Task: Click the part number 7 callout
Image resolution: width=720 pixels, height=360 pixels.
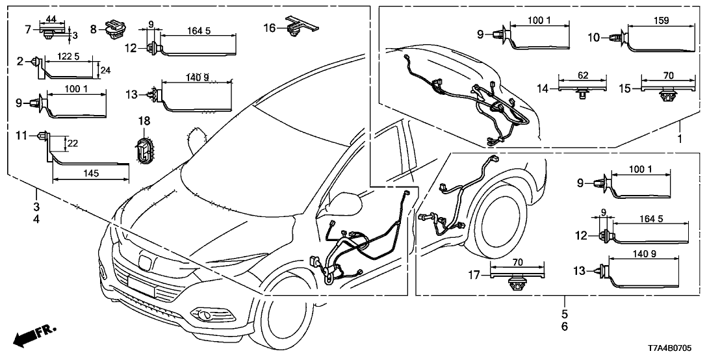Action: point(27,29)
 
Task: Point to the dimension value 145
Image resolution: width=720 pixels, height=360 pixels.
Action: point(90,174)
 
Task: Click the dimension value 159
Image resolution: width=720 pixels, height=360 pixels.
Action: point(664,19)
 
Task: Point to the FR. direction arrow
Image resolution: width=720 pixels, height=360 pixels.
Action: point(32,335)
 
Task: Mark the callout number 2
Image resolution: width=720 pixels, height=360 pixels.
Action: point(20,62)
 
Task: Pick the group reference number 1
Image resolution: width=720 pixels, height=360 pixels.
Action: point(680,139)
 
